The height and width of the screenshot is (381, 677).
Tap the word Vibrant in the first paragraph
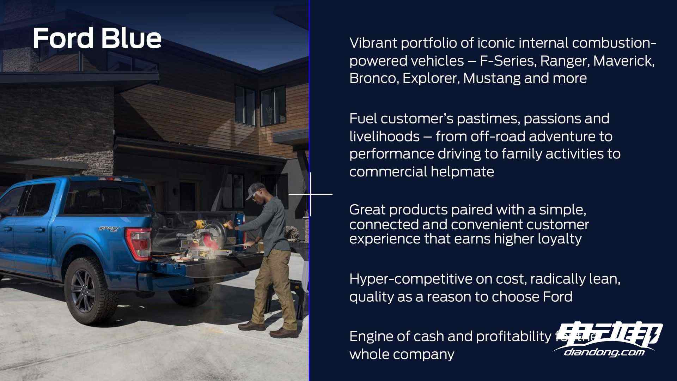372,43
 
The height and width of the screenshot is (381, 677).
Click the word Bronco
374,78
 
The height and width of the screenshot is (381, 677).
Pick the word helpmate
462,171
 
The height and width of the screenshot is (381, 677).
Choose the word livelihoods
384,136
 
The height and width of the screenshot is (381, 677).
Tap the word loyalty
560,239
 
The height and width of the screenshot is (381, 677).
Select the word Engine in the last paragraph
371,337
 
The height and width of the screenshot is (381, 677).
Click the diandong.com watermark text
604,352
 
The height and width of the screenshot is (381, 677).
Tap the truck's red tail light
140,243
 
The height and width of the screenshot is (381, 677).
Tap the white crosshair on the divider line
311,194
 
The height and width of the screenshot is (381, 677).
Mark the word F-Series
508,61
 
